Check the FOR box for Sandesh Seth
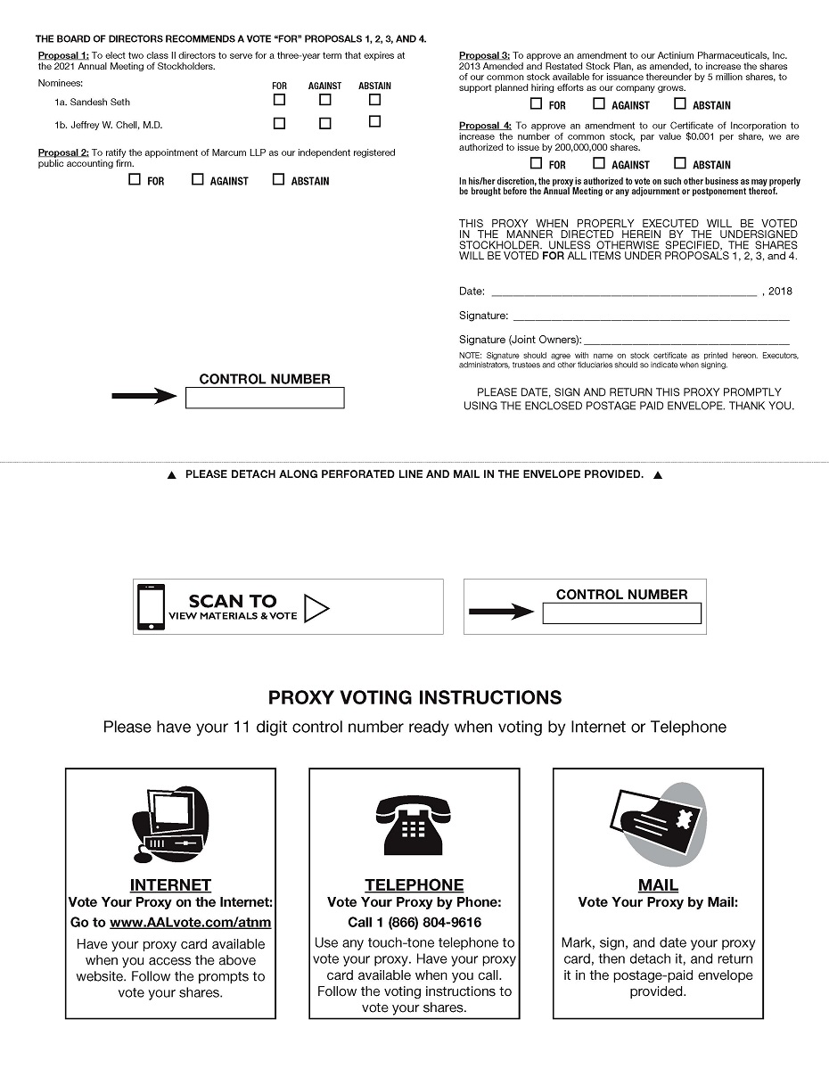tap(279, 100)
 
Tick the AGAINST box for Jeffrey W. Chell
tap(324, 124)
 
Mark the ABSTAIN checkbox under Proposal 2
tap(278, 179)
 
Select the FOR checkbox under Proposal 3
tap(536, 103)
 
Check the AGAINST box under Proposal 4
tap(599, 163)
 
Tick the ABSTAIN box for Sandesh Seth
tap(374, 100)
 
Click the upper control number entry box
tap(265, 399)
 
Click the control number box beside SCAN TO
tap(621, 613)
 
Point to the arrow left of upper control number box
tap(144, 397)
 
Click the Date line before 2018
tap(623, 292)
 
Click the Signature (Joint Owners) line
tap(685, 340)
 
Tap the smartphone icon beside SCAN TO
tap(151, 606)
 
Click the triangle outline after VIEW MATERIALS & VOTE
tap(316, 608)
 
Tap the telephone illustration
tap(414, 825)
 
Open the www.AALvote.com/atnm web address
tap(190, 923)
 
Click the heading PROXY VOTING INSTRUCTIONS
tap(415, 697)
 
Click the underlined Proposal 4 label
tap(485, 126)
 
